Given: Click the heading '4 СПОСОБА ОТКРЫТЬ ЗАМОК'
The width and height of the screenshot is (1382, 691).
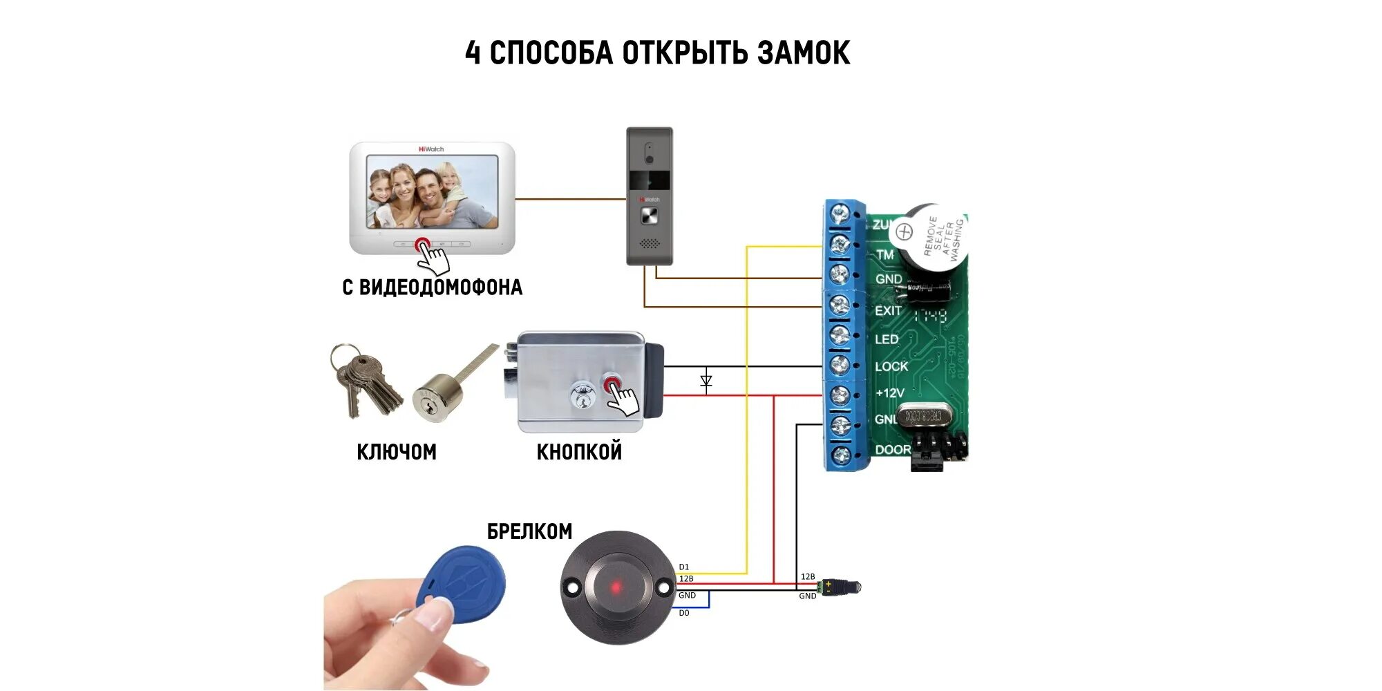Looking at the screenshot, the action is pos(657,53).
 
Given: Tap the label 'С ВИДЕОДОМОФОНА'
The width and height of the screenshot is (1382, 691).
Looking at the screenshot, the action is pos(432,287).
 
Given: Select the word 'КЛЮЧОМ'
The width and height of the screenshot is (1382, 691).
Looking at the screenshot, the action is pos(397,452).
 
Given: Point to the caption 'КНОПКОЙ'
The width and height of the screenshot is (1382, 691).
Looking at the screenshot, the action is pos(579,452).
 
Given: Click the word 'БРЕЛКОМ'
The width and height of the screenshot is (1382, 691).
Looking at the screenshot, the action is pos(529,531).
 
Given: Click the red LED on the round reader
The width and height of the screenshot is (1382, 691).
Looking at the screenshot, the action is pos(615,587).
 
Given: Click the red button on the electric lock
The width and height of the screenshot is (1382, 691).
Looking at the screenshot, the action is pos(612,384).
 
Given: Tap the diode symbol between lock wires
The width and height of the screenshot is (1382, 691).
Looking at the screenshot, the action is pos(706,381).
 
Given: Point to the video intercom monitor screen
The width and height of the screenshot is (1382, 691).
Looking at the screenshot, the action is pos(432,191).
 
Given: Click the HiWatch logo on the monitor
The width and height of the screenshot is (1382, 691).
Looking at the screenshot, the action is pos(431,149).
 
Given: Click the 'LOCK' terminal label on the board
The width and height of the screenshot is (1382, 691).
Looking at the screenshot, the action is pos(891,366).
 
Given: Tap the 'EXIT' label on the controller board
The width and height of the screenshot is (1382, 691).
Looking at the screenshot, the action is pos(888,311).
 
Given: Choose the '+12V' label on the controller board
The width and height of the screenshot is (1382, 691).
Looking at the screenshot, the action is pos(889,393).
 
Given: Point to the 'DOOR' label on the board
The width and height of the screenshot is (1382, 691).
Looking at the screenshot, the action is pos(893,450).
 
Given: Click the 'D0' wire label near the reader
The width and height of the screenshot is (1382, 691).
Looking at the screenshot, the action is pos(683,613).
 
